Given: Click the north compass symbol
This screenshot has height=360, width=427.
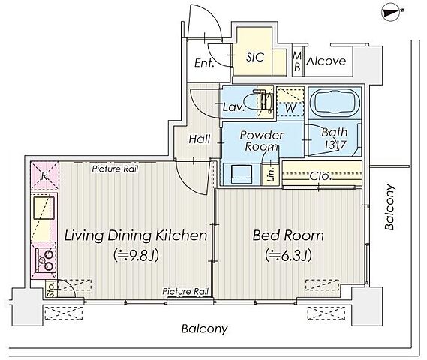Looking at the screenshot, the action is (x=392, y=13).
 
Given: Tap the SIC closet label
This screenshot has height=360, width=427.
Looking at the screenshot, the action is (x=255, y=58).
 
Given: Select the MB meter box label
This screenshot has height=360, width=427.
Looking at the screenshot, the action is (x=297, y=61).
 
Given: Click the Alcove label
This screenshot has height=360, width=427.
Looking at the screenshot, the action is (x=326, y=61).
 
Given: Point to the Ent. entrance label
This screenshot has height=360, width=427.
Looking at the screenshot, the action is (x=204, y=63).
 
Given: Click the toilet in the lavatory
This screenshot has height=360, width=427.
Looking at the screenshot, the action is (x=258, y=101).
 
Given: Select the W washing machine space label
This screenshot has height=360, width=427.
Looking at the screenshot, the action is (x=290, y=108).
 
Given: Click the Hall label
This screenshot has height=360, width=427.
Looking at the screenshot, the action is (x=200, y=139).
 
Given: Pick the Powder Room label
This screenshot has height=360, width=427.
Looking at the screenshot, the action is (x=261, y=141).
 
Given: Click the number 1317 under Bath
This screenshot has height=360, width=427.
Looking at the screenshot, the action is (x=335, y=145).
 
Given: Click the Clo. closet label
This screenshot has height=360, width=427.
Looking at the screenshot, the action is (x=320, y=176).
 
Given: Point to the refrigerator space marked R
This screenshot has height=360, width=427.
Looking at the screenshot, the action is (x=44, y=176).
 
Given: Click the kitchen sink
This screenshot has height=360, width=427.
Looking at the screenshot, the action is (x=44, y=208).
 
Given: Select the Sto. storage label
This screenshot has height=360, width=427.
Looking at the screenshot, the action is (x=50, y=289).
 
